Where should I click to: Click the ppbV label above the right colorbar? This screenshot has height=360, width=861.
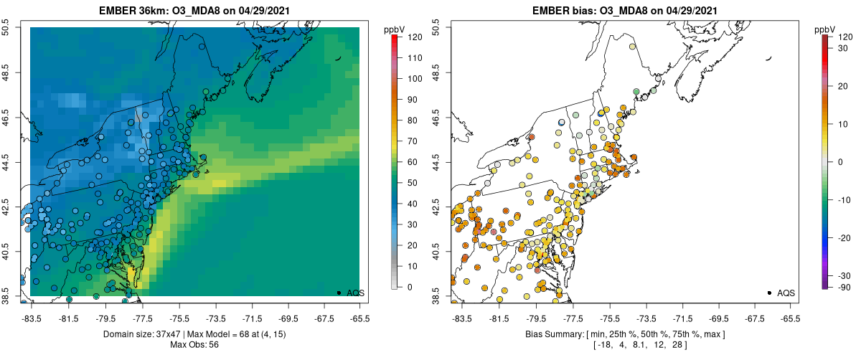[x=825, y=29]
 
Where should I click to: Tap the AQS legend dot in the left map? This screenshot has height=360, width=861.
[x=339, y=293]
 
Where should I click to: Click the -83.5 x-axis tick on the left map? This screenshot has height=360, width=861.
[x=32, y=316]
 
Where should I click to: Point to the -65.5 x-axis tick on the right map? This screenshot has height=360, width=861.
[x=790, y=316]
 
